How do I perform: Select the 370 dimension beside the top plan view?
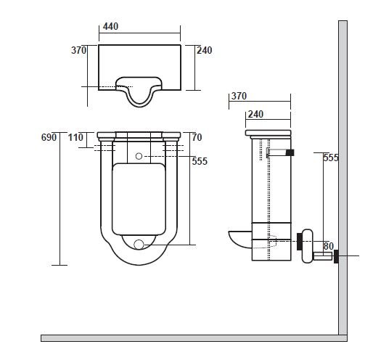click(x=78, y=51)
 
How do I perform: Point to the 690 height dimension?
click(x=49, y=137)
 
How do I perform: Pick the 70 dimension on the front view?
click(x=197, y=137)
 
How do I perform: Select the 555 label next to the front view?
click(x=200, y=162)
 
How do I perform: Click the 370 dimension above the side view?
click(x=238, y=96)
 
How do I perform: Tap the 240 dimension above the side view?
click(x=255, y=114)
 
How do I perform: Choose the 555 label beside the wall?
click(x=332, y=157)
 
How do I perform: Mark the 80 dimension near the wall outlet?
click(x=329, y=246)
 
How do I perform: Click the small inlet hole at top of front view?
click(x=138, y=156)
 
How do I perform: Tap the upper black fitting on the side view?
click(x=290, y=152)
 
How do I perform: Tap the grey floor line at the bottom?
click(x=189, y=338)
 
